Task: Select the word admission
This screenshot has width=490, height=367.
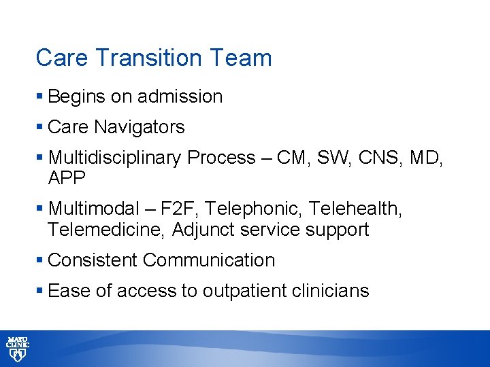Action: [x=180, y=97]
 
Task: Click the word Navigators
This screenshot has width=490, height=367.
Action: [x=140, y=127]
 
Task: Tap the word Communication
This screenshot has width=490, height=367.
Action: [x=209, y=260]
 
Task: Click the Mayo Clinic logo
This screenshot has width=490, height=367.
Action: [x=18, y=348]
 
